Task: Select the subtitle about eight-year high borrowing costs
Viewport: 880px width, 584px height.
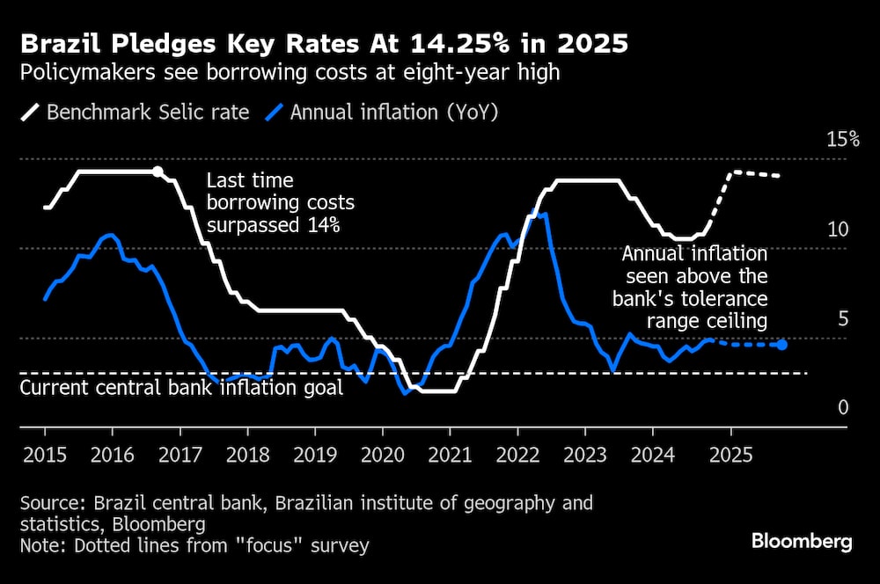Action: [290, 72]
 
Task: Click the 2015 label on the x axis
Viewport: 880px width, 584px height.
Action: [45, 456]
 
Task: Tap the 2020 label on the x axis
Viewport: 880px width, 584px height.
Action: [382, 456]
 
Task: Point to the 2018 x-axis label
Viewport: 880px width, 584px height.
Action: [247, 456]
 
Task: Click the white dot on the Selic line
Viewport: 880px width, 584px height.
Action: [158, 172]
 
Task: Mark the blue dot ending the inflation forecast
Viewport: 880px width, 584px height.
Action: [782, 344]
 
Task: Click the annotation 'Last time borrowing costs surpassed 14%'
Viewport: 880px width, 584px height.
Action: [280, 203]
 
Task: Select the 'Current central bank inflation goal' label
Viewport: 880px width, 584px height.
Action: [181, 388]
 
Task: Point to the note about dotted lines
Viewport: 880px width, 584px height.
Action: [194, 546]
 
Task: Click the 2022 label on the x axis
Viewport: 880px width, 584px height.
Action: [517, 456]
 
